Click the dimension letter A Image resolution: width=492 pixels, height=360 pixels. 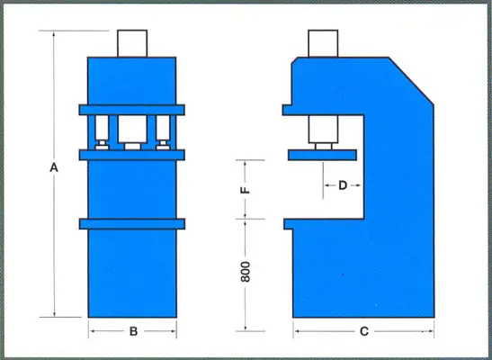54,168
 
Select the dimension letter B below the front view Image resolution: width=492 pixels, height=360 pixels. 132,332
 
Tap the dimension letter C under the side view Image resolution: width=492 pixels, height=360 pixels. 364,332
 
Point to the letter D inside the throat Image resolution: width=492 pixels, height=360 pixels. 343,186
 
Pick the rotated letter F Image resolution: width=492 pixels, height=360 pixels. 246,189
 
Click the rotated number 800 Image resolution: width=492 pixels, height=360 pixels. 246,272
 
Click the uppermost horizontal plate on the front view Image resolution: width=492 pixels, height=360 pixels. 132,110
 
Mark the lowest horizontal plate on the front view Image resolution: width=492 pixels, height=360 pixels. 132,223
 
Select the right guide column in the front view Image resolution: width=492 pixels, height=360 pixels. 162,131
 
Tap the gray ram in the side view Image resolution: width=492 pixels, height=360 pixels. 323,132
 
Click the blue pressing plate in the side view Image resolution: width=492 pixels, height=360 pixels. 323,155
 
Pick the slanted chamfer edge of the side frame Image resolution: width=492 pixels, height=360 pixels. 411,80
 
